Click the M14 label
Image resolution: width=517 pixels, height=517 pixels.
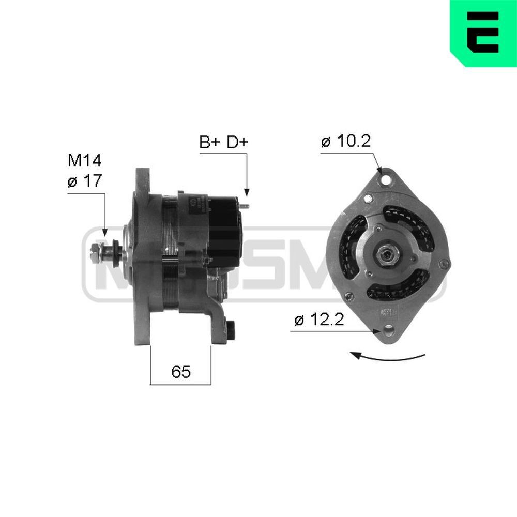(85, 161)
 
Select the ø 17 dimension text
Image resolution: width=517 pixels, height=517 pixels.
(84, 181)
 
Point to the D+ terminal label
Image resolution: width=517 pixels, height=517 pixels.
(237, 143)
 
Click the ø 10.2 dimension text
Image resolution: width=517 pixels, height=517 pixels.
(345, 141)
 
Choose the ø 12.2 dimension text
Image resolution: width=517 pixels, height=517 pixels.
(319, 321)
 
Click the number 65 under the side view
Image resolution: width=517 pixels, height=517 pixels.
(181, 371)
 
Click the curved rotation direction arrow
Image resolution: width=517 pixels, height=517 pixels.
(388, 357)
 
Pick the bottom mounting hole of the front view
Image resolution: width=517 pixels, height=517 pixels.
(387, 329)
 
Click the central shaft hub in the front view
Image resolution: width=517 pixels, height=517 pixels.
(386, 254)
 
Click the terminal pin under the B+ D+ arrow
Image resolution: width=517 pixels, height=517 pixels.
(247, 207)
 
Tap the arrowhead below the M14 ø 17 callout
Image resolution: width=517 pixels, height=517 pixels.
(105, 234)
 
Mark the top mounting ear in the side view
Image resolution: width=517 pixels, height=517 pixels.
(141, 181)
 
